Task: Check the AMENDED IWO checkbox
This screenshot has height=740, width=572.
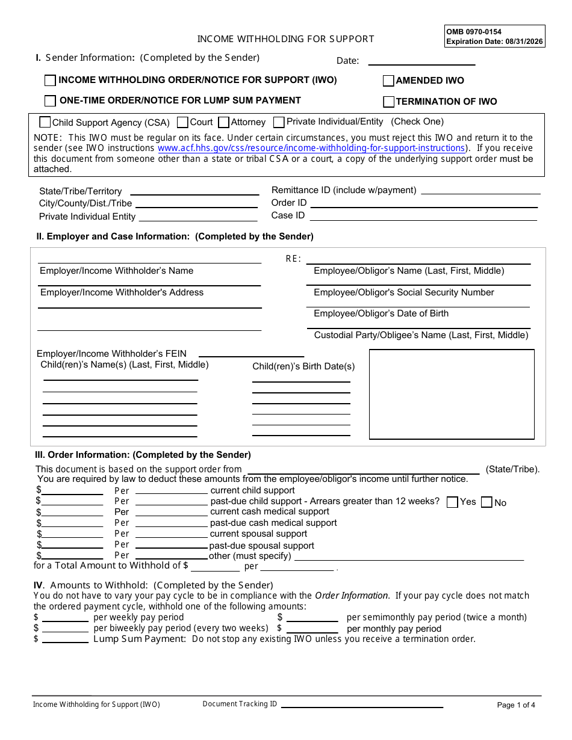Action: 389,81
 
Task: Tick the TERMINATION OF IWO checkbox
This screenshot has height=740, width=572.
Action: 389,102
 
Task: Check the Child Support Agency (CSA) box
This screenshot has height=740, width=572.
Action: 45,122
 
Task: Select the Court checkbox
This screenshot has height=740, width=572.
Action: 183,123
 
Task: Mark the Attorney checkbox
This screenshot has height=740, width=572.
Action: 224,123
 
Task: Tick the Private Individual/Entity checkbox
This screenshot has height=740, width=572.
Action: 279,123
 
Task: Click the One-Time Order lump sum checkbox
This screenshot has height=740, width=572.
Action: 51,101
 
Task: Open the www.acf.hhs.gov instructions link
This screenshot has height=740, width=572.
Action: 311,148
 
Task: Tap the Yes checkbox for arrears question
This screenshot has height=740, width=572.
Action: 453,502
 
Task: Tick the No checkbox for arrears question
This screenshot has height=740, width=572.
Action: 487,502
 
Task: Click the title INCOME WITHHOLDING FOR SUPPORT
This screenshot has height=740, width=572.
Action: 285,39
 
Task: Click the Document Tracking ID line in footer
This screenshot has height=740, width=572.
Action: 362,705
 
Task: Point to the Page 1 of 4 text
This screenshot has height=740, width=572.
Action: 516,705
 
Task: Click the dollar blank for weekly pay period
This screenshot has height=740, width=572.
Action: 65,618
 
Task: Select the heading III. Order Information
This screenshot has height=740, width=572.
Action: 143,455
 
